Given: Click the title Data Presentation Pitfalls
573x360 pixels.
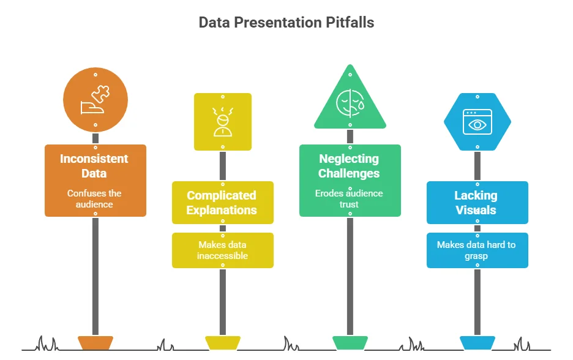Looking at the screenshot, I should coord(286,23).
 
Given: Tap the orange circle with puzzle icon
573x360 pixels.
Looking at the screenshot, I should coord(95,99).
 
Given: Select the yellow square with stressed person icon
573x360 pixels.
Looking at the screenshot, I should coord(223,121).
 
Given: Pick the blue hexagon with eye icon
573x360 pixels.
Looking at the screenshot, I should coord(477,122).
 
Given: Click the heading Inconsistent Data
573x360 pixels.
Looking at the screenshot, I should coord(94,166).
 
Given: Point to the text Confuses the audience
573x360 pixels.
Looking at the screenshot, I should coord(94,198).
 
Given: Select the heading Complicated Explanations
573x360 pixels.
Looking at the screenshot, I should coord(222,203).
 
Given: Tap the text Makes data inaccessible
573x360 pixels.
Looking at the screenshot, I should coord(222,250).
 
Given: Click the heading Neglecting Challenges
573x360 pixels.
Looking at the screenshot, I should coord(349,166).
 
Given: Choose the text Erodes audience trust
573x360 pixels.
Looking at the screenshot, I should coord(349,198).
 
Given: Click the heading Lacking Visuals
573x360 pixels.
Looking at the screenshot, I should coord(476,203).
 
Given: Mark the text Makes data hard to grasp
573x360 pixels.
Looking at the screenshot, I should coord(476,250).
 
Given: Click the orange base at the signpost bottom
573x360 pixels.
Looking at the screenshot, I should coord(95,342).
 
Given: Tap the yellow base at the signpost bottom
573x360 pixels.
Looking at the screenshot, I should coord(223,342).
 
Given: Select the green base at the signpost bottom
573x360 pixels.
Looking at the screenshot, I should coord(350,342).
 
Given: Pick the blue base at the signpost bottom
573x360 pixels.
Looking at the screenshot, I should coord(478,342).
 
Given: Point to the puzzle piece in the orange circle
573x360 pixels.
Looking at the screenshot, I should coord(100,94).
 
